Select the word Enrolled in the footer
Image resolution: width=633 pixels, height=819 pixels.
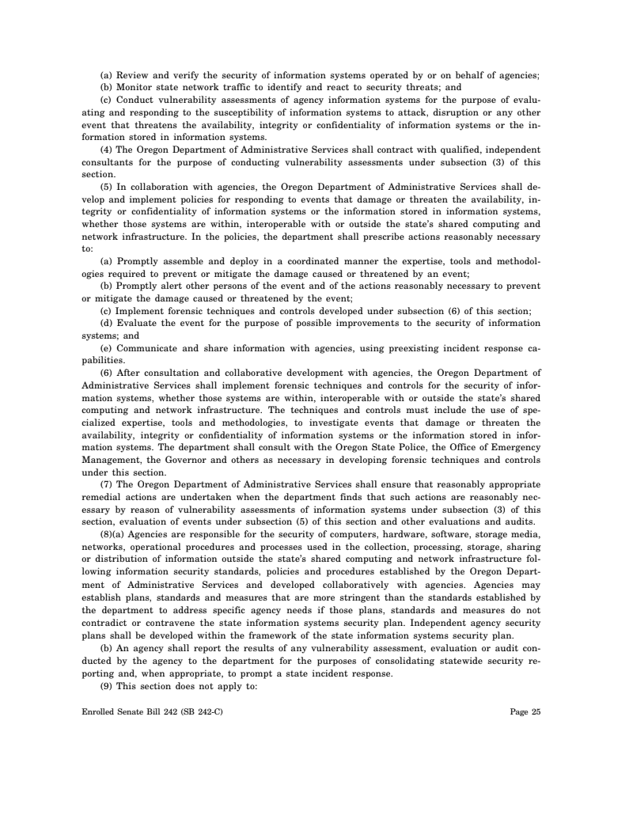click(98, 712)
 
